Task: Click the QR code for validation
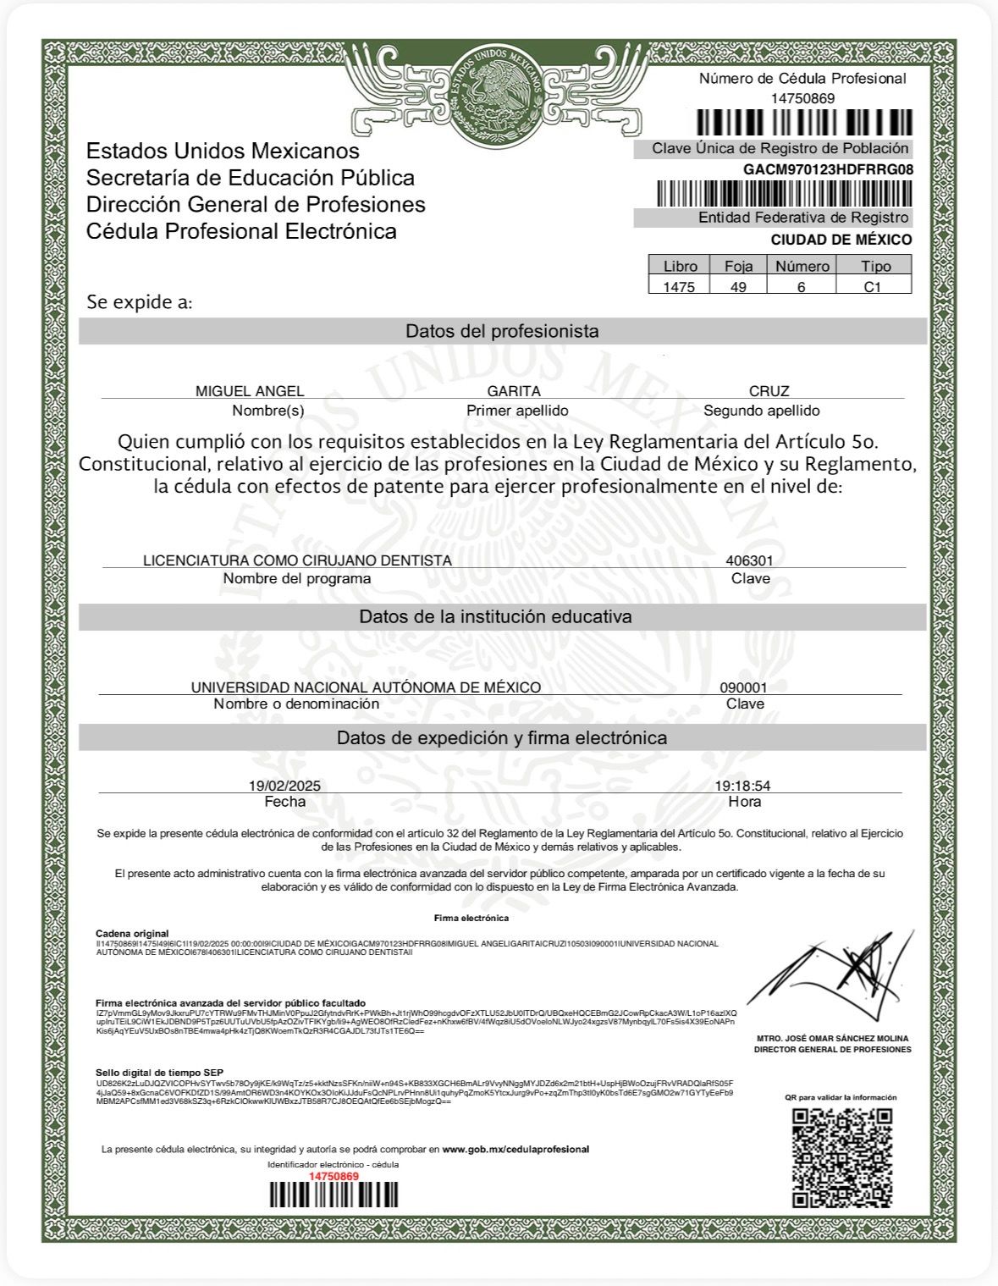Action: [842, 1157]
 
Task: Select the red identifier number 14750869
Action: [334, 1176]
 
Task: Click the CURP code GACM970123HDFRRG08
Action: [828, 169]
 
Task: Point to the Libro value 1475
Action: [679, 287]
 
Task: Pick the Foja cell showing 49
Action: [738, 287]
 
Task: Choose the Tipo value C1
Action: [873, 287]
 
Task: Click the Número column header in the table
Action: [802, 266]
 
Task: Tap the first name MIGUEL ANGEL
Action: [250, 391]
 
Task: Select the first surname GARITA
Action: [514, 391]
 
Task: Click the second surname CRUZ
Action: [769, 391]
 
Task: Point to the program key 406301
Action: [749, 560]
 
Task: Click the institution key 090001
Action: [743, 687]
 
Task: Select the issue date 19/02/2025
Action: [284, 786]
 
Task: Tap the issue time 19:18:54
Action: [742, 786]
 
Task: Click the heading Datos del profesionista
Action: [502, 331]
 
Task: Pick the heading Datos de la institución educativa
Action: [495, 616]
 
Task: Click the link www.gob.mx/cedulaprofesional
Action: [516, 1149]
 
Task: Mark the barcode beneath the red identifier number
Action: [334, 1195]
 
